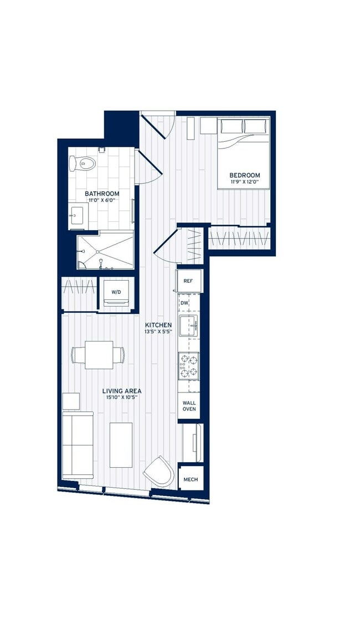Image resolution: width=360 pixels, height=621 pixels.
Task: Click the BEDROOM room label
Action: [245, 175]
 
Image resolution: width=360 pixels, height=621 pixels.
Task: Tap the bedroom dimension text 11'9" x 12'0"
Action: [245, 183]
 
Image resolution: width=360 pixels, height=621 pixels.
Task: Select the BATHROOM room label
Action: [102, 194]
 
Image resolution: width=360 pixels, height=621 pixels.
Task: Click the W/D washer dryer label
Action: [116, 291]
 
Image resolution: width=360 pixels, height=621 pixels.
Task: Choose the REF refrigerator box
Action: [188, 281]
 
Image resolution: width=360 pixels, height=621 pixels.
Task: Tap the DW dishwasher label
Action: [184, 303]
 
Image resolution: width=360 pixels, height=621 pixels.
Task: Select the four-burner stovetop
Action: [189, 365]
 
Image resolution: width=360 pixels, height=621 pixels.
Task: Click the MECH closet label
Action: [190, 479]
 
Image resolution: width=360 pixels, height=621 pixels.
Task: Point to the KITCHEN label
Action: [158, 325]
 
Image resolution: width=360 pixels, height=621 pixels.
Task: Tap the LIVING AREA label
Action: [121, 391]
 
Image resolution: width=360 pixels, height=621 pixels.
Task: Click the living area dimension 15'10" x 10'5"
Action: [121, 397]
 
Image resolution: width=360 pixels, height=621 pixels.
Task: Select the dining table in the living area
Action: [99, 355]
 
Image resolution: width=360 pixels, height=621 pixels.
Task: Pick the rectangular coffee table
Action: [121, 444]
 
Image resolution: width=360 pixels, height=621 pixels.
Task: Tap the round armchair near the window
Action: [159, 472]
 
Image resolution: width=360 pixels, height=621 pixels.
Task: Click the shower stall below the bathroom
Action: [105, 251]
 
